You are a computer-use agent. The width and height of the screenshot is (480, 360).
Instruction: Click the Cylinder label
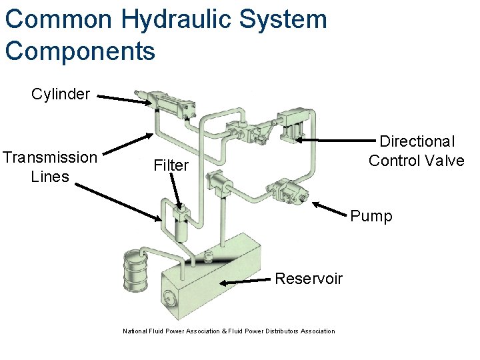(x=60, y=94)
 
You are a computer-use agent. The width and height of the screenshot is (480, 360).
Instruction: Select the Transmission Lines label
(x=50, y=167)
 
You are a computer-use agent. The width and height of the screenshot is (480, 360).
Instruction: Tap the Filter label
(x=171, y=165)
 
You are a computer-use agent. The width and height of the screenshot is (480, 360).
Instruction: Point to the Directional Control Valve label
(x=417, y=151)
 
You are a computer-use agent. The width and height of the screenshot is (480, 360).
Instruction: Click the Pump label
(x=371, y=216)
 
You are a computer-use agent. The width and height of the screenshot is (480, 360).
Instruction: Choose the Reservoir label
(x=309, y=279)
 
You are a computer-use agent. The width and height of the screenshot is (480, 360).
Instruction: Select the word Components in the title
(x=80, y=51)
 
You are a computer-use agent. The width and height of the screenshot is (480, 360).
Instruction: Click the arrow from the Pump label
(x=331, y=207)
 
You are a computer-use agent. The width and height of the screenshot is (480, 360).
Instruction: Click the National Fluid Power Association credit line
(x=229, y=331)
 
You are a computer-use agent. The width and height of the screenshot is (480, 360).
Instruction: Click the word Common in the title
(x=58, y=19)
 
